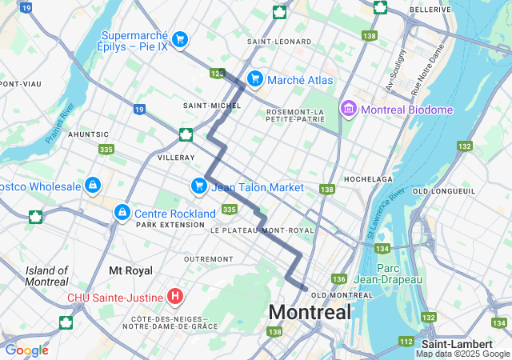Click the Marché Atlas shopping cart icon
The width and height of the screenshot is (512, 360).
tap(254, 78)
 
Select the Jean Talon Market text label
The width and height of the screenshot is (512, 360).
tap(257, 186)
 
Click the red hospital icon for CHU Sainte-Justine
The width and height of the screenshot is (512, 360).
tap(175, 298)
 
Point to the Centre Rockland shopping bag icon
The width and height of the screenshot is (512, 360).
tap(122, 213)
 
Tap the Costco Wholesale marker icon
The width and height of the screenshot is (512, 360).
tap(94, 186)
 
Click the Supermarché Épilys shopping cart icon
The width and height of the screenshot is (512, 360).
tap(180, 38)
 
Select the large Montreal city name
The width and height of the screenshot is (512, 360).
tap(310, 312)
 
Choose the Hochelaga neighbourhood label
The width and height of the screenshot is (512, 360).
tap(368, 178)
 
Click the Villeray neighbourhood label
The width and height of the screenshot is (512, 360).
tap(176, 158)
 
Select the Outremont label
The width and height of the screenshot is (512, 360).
tap(208, 259)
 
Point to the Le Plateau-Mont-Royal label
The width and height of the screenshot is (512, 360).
tap(263, 230)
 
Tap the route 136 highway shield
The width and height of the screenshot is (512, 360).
tap(339, 279)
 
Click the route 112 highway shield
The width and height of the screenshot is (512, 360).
tap(405, 342)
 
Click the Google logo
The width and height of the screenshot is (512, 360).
tap(26, 350)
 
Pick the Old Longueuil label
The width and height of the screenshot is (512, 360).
tap(444, 191)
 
